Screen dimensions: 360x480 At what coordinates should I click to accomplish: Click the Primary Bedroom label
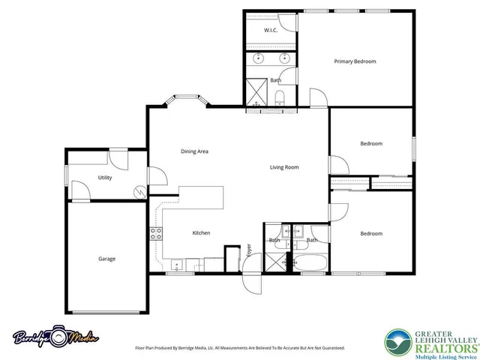[355, 61]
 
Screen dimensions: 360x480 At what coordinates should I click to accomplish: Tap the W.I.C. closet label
[271, 30]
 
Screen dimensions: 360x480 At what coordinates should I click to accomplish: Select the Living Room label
[284, 167]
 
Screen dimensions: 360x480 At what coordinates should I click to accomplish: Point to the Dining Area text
[194, 151]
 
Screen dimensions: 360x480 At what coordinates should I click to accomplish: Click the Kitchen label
[201, 233]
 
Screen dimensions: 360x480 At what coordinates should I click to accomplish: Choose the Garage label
[106, 259]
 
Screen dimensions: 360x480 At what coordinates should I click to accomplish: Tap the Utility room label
[105, 178]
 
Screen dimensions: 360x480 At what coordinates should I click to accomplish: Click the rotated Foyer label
[249, 250]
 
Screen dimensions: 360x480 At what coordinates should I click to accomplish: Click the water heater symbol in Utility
[139, 192]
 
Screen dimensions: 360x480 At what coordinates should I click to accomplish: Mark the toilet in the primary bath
[279, 99]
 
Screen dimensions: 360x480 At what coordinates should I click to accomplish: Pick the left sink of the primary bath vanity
[259, 57]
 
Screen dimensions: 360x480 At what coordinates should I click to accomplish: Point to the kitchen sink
[177, 263]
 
